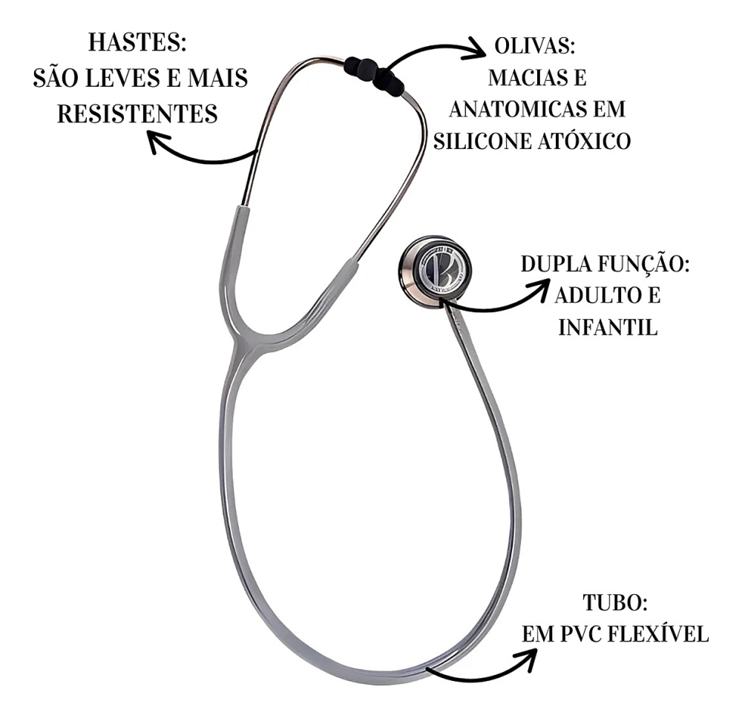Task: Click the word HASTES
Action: (137, 43)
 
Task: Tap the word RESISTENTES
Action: (138, 113)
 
